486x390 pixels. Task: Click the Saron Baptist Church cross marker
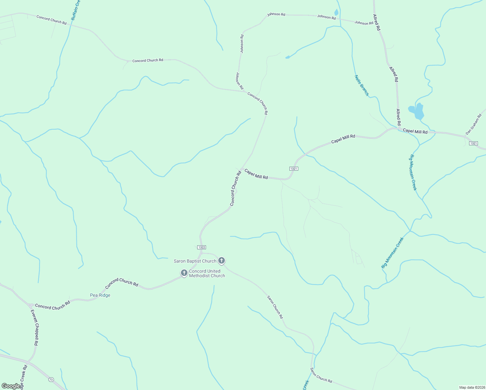click(x=222, y=260)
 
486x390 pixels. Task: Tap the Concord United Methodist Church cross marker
click(x=184, y=273)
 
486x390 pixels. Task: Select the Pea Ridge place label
click(x=100, y=295)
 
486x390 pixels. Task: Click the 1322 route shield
click(x=201, y=247)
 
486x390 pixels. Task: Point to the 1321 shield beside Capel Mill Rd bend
click(x=293, y=169)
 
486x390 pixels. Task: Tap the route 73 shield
click(x=51, y=380)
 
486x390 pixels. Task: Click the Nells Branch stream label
click(x=362, y=85)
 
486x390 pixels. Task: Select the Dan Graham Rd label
click(x=473, y=124)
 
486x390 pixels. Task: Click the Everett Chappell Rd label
click(x=34, y=327)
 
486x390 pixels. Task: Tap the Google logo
click(x=11, y=386)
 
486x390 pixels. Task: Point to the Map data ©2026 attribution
click(x=472, y=387)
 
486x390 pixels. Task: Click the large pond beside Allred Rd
click(x=417, y=111)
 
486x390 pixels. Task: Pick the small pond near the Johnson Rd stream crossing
click(x=336, y=13)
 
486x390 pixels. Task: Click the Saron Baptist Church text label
click(x=195, y=261)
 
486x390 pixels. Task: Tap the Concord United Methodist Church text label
click(x=207, y=273)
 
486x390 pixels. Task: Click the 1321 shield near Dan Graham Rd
click(x=474, y=143)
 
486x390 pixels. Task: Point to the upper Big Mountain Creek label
click(x=413, y=172)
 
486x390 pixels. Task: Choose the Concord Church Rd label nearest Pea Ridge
click(x=122, y=282)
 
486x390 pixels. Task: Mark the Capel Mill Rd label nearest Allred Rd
click(x=415, y=132)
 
